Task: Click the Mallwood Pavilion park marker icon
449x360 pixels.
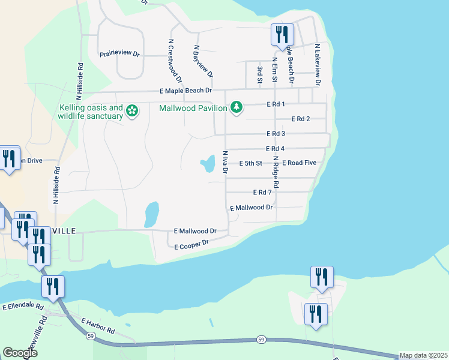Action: click(x=237, y=107)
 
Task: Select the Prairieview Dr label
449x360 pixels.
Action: click(x=119, y=54)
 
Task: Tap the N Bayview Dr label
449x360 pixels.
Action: click(x=203, y=62)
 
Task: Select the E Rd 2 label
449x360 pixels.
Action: click(x=300, y=119)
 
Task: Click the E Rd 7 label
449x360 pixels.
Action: click(x=262, y=193)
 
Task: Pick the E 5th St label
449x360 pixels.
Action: click(x=251, y=163)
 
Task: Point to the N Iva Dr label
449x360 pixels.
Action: click(x=225, y=162)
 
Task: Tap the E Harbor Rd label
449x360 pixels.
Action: click(x=98, y=326)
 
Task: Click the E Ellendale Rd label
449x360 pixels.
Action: click(x=23, y=307)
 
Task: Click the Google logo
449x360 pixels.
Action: click(x=20, y=352)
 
